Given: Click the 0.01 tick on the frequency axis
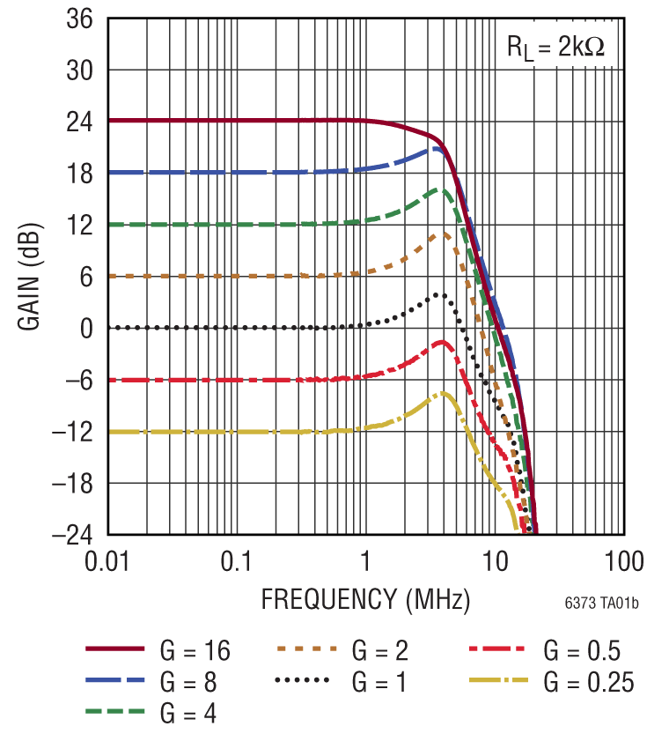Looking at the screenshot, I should pos(107,561).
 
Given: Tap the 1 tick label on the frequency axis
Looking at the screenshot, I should pos(365,561).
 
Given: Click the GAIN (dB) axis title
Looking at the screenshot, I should pos(28,277).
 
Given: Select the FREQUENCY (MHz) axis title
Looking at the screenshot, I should pos(365,599).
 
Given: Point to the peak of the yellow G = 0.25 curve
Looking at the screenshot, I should pos(445,393).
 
